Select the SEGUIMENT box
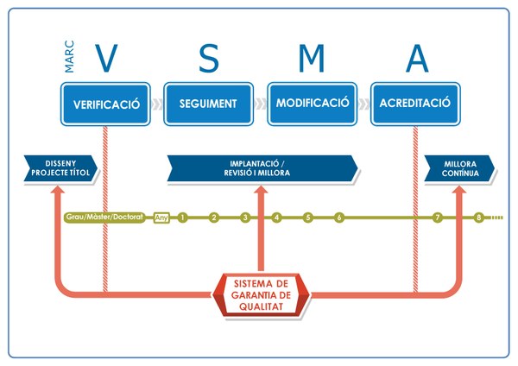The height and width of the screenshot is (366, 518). click(208, 104)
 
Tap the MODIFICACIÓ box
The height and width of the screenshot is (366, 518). click(313, 104)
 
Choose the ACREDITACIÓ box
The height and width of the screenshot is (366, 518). click(415, 104)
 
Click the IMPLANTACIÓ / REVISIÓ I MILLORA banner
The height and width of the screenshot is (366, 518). click(260, 167)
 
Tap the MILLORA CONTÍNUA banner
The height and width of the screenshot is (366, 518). click(458, 167)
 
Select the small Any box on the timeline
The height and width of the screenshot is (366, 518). click(161, 218)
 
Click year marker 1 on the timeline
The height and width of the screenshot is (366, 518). click(183, 218)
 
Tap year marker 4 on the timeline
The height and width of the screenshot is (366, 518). click(276, 218)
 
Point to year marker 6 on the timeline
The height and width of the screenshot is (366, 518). click(339, 218)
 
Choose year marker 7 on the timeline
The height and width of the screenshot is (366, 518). click(438, 218)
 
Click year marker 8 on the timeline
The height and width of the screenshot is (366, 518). click(479, 218)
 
